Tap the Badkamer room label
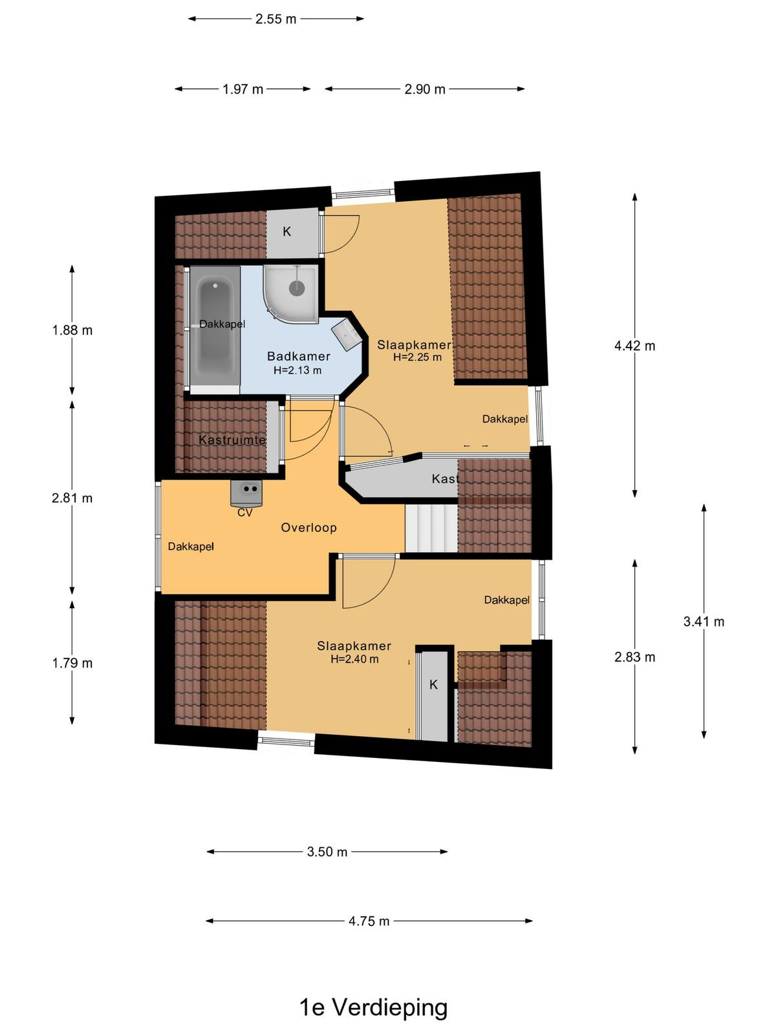pos(298,356)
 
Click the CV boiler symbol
pos(246,493)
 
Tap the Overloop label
pos(308,527)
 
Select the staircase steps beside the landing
pos(431,527)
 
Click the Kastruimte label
pos(232,440)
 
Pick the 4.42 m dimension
pos(634,346)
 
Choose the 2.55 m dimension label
pos(275,19)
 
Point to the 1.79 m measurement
pos(72,663)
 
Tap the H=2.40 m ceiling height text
pos(354,659)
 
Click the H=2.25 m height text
pos(418,357)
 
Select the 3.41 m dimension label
pos(704,622)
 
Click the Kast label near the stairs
pos(445,479)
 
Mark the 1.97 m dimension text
pos(242,89)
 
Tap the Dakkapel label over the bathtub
pos(222,324)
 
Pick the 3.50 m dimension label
pos(327,852)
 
